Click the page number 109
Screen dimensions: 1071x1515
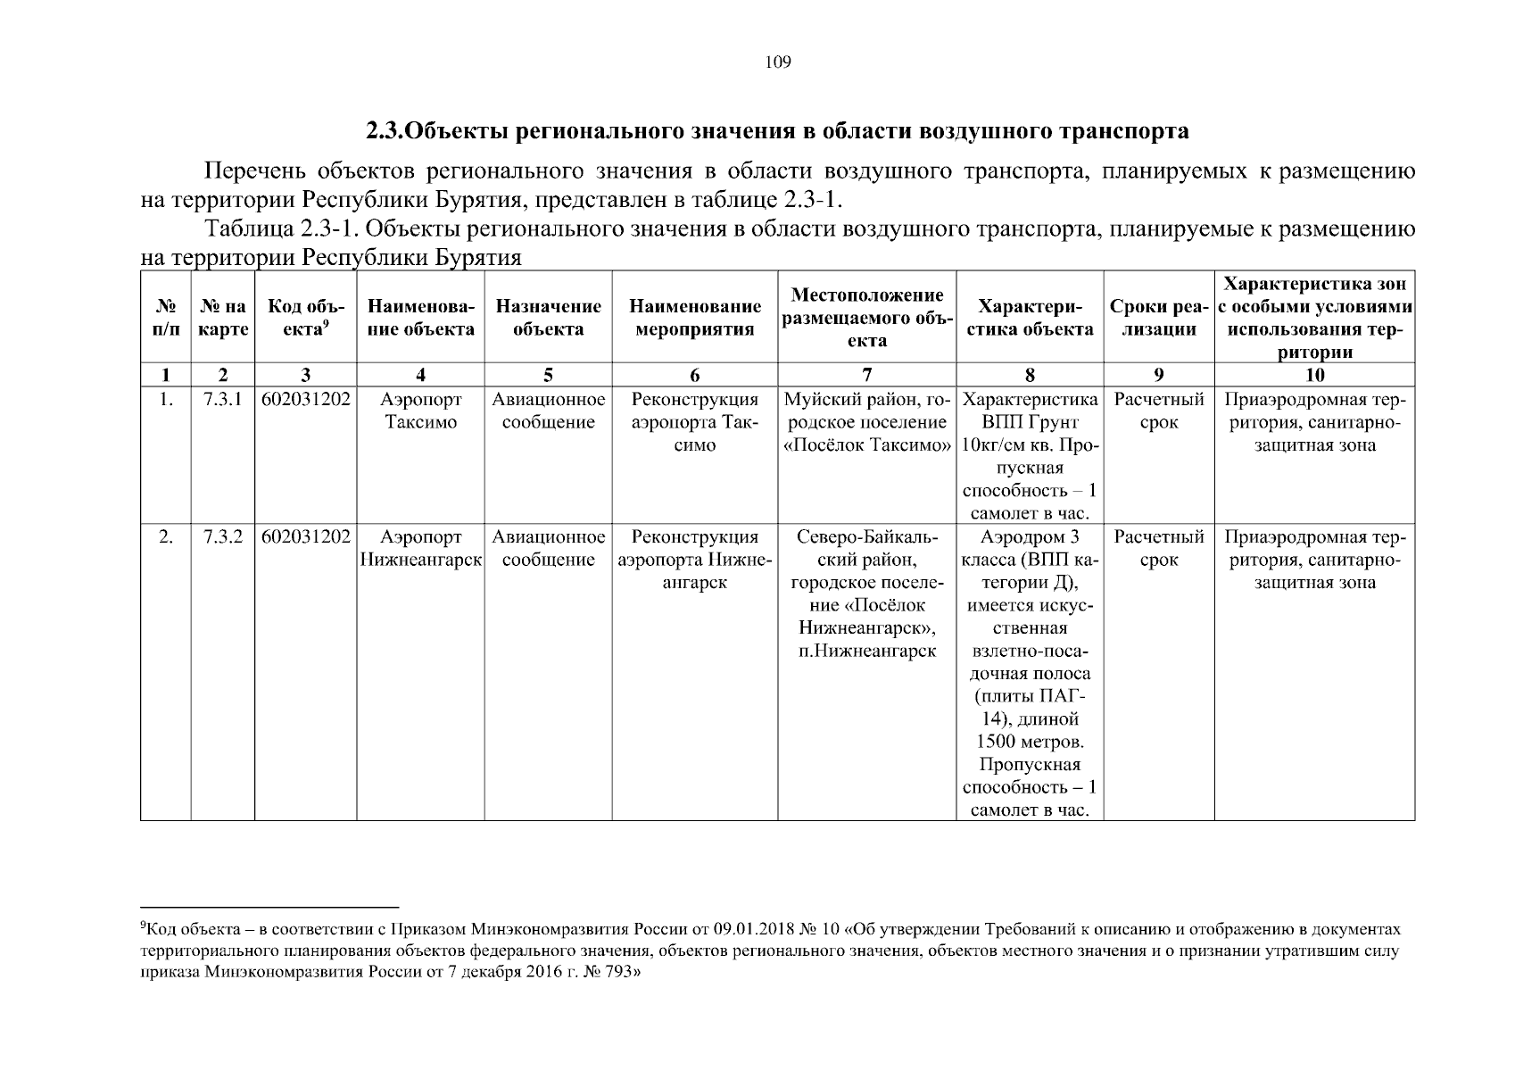click(778, 62)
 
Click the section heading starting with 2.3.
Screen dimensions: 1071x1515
click(777, 131)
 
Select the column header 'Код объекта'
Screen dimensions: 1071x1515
click(306, 318)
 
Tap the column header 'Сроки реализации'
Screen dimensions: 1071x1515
click(1159, 318)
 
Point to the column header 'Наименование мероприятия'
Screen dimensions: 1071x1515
click(695, 318)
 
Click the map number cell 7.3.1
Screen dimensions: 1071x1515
click(223, 399)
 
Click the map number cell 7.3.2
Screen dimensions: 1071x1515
click(223, 537)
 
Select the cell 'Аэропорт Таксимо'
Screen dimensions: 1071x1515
click(420, 411)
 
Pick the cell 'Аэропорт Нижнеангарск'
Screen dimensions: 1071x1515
click(420, 549)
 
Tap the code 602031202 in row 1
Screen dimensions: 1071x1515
click(306, 399)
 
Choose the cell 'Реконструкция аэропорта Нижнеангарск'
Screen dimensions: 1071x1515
click(695, 560)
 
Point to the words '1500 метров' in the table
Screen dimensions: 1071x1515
click(1031, 742)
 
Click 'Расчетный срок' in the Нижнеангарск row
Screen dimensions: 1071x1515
click(1159, 549)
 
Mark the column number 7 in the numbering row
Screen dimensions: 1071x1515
click(866, 375)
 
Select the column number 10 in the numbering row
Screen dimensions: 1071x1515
click(1314, 375)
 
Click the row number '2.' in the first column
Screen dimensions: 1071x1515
click(166, 537)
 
